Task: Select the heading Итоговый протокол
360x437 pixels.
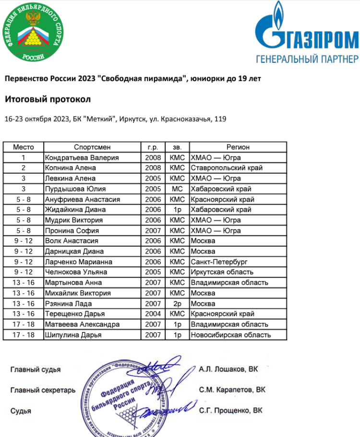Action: [48, 99]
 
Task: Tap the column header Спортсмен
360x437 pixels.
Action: [93, 147]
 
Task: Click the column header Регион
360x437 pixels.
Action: [238, 147]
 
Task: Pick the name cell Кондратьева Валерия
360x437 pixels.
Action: [82, 158]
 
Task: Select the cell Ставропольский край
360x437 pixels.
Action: [227, 168]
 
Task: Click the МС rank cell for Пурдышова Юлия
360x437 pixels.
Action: [178, 189]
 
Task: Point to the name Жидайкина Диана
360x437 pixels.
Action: [75, 210]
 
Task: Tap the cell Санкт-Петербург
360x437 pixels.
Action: [219, 262]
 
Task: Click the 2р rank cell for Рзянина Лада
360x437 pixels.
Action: [178, 303]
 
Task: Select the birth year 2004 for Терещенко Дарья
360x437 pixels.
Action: [153, 314]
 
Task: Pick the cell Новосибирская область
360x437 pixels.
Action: [231, 335]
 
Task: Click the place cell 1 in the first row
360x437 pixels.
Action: [23, 158]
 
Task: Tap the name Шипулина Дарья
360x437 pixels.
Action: [73, 335]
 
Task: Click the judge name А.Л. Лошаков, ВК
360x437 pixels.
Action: [228, 369]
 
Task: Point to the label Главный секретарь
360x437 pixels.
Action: [43, 390]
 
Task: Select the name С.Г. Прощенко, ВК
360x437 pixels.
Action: [230, 411]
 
